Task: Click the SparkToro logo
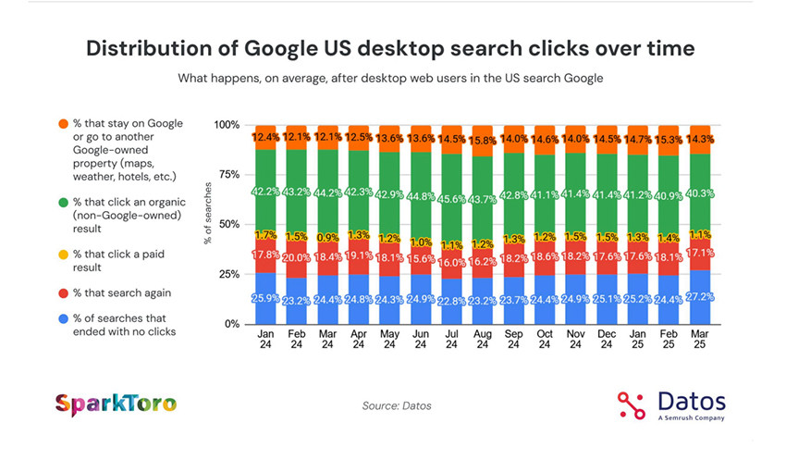click(x=116, y=404)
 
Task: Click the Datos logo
click(x=671, y=404)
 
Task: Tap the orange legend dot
click(x=62, y=124)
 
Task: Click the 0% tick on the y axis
click(x=231, y=324)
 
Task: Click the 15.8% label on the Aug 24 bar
click(x=482, y=141)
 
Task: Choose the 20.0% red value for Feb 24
click(x=297, y=258)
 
